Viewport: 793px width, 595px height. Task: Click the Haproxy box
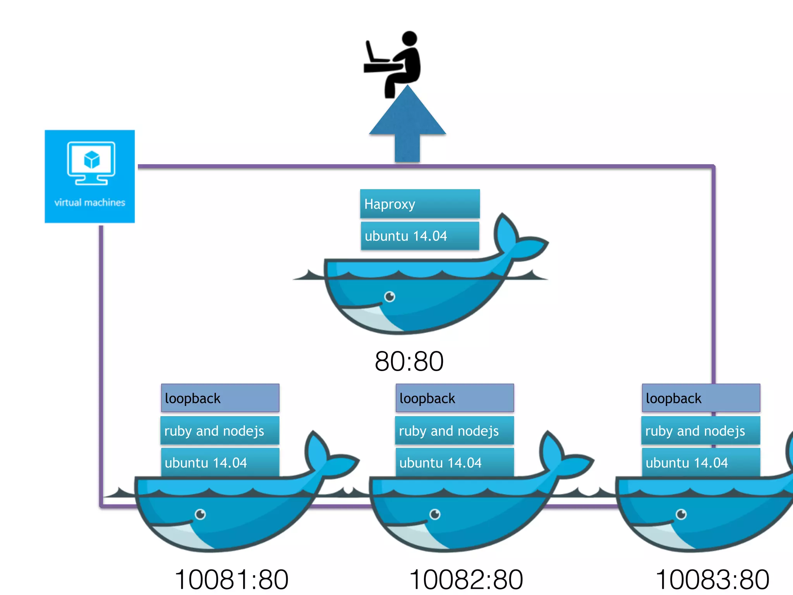(420, 204)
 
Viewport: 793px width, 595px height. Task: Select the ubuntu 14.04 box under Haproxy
(420, 236)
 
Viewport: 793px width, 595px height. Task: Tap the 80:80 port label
(409, 361)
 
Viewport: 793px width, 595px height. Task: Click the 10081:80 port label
(232, 580)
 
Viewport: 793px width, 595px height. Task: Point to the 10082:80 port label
(466, 580)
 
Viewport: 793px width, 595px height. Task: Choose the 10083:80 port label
(712, 580)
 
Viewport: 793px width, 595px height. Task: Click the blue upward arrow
(407, 124)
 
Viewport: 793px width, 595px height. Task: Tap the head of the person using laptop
(409, 39)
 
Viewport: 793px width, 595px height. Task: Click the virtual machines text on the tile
(89, 203)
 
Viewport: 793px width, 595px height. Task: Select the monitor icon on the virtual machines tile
(91, 163)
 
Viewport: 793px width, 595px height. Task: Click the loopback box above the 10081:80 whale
(220, 398)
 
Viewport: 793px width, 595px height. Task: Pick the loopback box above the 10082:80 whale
(455, 398)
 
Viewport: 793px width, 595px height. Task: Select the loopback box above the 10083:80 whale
(701, 398)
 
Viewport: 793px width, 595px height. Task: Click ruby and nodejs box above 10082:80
(455, 431)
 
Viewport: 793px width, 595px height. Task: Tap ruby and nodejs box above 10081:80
(220, 431)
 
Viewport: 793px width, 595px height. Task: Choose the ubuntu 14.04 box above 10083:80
(701, 463)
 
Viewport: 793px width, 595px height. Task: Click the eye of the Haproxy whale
(390, 297)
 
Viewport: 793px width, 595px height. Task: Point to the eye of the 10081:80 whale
(200, 514)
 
